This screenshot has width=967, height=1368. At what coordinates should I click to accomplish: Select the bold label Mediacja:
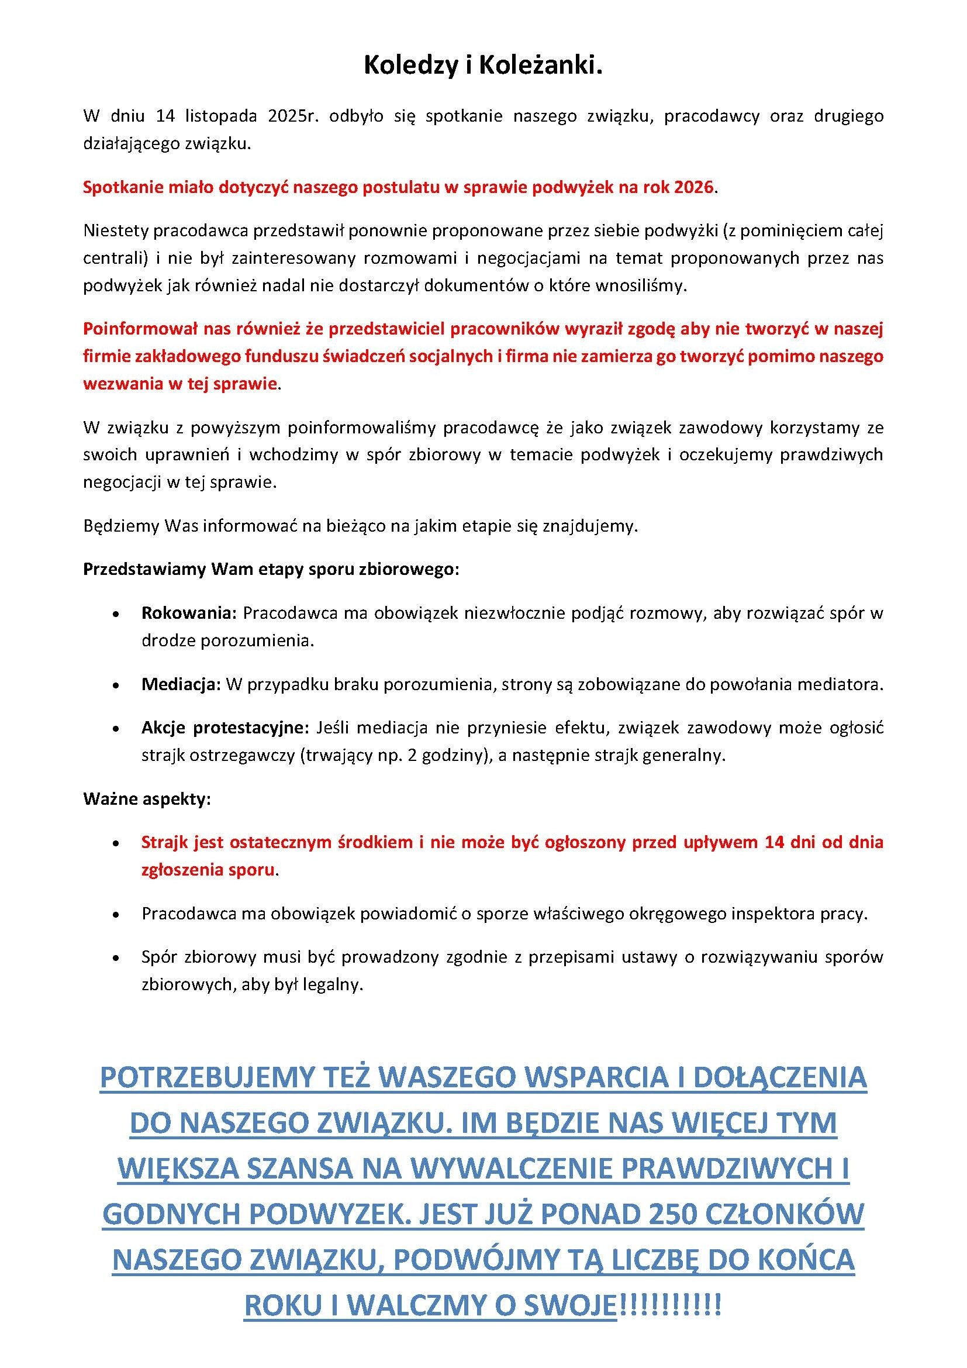[181, 684]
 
